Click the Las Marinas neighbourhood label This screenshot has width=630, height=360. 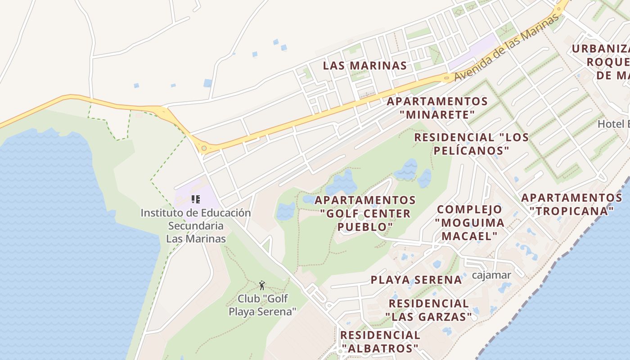[365, 66]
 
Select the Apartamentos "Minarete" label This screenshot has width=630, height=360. [437, 108]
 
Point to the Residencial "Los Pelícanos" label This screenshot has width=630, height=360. [471, 144]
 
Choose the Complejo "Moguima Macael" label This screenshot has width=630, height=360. [470, 223]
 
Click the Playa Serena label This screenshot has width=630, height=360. [416, 280]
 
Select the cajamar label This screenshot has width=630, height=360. [491, 275]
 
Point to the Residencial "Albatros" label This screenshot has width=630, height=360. [380, 342]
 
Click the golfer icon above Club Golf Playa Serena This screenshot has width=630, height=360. [262, 285]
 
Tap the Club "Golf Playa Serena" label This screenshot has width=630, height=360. [263, 305]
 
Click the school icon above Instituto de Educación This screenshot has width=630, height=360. [196, 199]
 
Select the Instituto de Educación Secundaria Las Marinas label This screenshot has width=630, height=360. [196, 225]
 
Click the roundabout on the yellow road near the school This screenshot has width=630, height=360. [204, 148]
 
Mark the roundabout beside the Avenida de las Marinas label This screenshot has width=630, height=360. [447, 78]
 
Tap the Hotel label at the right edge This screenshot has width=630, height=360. [613, 124]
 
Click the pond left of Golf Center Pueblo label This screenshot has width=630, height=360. [286, 211]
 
